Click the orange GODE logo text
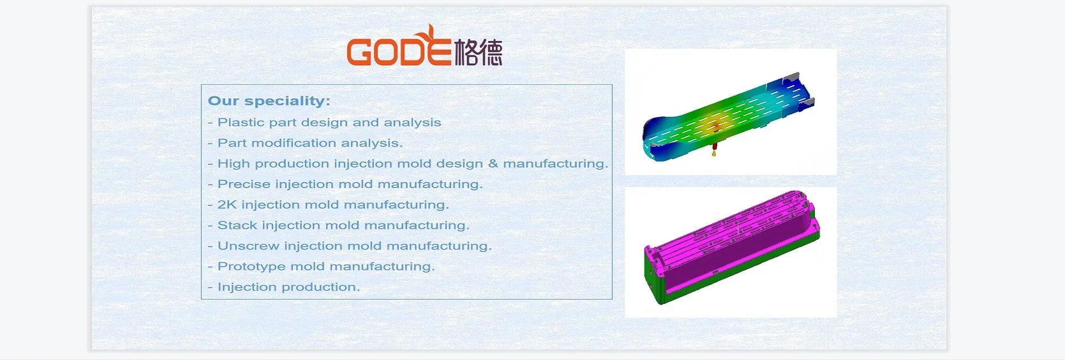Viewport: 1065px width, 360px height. pyautogui.click(x=398, y=52)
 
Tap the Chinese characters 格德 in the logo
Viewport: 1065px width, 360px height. pyautogui.click(x=478, y=53)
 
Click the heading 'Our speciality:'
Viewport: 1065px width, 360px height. pyautogui.click(x=269, y=101)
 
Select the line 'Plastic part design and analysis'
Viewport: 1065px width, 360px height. pyautogui.click(x=329, y=123)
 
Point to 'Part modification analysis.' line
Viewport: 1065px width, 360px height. pyautogui.click(x=310, y=143)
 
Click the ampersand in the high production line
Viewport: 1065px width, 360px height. pyautogui.click(x=493, y=164)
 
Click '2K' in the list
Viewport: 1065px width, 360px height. pyautogui.click(x=227, y=205)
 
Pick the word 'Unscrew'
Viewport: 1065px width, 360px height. pyautogui.click(x=248, y=246)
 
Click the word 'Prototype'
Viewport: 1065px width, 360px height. pyautogui.click(x=251, y=266)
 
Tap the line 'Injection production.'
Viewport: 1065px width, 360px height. pyautogui.click(x=288, y=287)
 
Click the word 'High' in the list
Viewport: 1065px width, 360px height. pyautogui.click(x=233, y=164)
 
